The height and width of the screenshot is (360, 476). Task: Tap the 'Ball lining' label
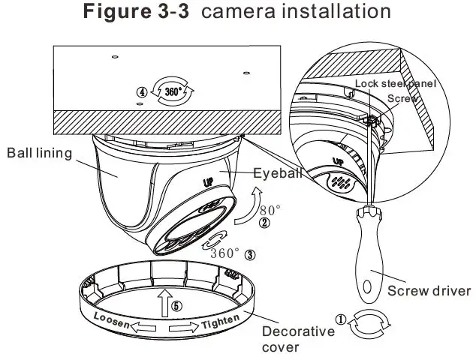point(39,153)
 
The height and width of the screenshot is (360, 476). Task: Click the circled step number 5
point(176,306)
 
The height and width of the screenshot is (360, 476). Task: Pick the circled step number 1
point(340,319)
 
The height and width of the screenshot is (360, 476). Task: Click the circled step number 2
point(264,223)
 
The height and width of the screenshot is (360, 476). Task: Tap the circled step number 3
point(250,253)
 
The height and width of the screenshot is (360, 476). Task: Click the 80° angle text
point(270,209)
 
